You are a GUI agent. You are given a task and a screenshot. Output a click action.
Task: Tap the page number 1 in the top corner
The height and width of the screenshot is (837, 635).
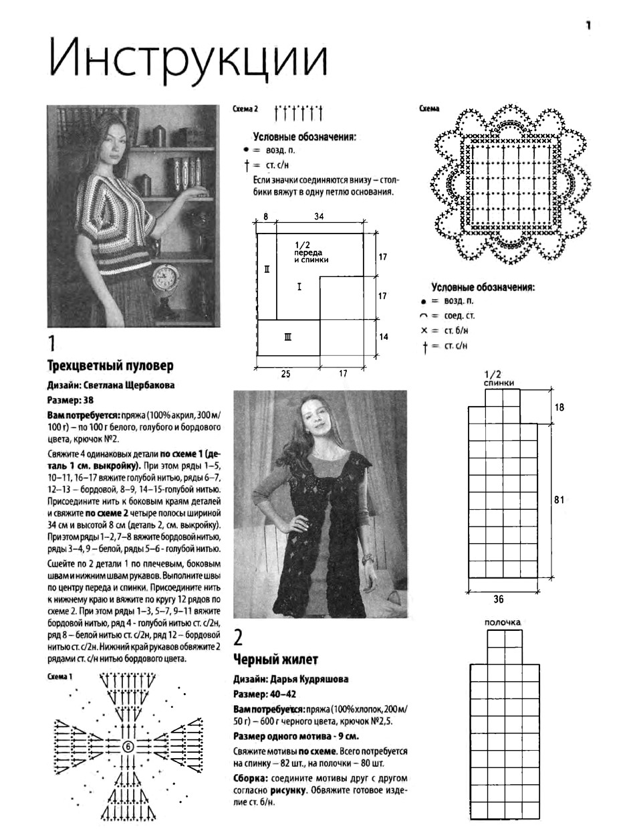588,25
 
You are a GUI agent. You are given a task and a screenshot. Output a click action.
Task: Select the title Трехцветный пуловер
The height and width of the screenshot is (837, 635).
110,366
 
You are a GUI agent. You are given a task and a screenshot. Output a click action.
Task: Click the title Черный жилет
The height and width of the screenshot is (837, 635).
275,659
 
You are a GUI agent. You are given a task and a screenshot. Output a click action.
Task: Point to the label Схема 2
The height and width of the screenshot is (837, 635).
245,109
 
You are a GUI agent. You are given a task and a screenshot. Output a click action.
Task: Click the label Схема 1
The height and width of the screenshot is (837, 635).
59,676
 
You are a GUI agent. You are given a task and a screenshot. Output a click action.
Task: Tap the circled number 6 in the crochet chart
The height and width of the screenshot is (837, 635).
128,747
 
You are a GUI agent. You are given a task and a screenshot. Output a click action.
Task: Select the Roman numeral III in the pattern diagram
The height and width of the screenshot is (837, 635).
288,337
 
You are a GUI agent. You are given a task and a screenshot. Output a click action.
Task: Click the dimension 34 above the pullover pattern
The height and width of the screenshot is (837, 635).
319,217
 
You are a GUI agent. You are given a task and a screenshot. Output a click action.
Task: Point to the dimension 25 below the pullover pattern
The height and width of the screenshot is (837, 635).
285,374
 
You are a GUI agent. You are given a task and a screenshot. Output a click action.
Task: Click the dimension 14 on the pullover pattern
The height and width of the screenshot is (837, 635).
383,337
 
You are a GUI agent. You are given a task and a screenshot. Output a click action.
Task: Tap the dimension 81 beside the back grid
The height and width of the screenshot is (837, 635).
559,500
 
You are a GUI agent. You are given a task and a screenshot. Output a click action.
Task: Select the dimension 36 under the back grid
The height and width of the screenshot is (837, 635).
498,599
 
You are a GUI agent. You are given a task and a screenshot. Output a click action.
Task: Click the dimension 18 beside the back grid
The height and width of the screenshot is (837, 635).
559,407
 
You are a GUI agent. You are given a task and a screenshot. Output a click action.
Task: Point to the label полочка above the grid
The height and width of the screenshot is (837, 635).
503,622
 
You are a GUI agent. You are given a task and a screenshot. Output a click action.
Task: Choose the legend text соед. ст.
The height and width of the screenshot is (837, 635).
459,316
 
